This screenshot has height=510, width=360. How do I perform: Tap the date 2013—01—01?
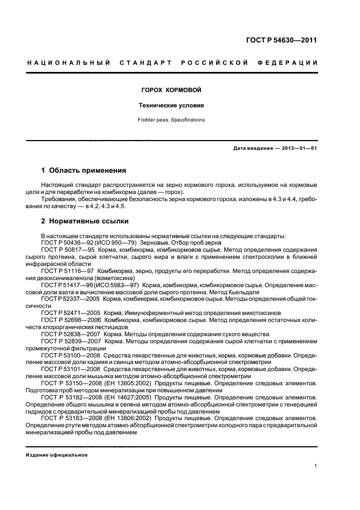point(300,149)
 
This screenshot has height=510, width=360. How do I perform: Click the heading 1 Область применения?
point(84,171)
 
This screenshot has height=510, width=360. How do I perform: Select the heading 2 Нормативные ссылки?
point(85,221)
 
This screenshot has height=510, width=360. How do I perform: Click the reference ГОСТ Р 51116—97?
point(65,271)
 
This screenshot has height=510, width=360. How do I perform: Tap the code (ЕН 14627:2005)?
point(131,398)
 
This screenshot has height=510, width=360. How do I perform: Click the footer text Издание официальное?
point(57,455)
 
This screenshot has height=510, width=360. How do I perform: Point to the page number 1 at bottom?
point(316,465)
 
